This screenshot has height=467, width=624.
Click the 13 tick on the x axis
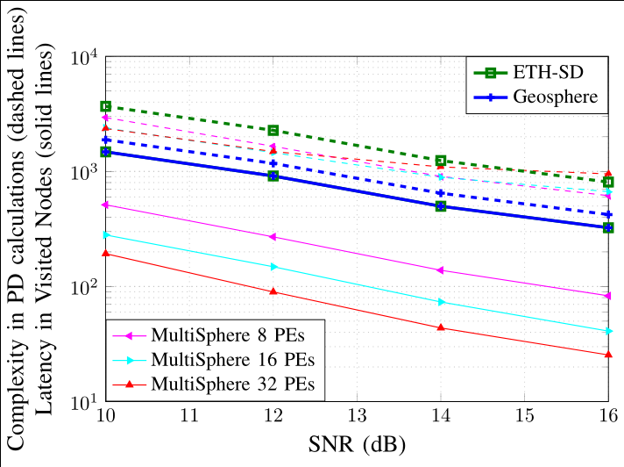[357, 415]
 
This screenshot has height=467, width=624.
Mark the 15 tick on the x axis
[525, 415]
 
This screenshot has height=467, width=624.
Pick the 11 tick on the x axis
[189, 415]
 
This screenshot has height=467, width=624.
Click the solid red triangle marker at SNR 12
[273, 291]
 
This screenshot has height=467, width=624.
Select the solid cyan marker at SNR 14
[441, 302]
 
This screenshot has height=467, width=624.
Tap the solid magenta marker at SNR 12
[273, 237]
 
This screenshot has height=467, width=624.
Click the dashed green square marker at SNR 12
[273, 130]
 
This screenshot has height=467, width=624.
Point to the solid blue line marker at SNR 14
[441, 206]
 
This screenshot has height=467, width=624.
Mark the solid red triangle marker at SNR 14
[441, 327]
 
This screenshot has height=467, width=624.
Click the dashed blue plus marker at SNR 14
[441, 193]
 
